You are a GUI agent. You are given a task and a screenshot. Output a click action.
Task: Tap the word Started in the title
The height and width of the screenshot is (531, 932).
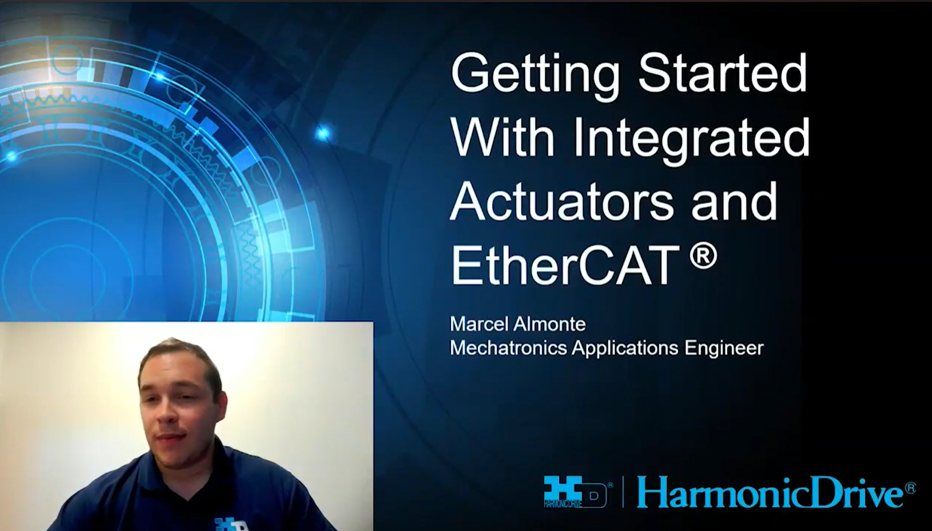coord(723,72)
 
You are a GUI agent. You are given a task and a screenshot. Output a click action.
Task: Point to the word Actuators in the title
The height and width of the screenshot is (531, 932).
coord(562,201)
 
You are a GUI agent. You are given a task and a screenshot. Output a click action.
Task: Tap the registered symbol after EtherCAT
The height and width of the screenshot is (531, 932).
coord(703,256)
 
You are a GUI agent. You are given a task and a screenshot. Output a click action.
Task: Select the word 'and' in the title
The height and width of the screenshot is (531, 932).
coord(735,201)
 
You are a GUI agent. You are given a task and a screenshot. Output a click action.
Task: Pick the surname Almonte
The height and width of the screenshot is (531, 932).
coord(549,324)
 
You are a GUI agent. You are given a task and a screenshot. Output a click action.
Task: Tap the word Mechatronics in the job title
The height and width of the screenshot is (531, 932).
coord(508,348)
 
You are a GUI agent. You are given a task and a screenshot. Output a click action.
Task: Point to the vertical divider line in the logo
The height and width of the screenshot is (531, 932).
coord(624,492)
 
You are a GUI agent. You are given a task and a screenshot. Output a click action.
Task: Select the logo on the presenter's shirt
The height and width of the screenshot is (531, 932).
coord(231,524)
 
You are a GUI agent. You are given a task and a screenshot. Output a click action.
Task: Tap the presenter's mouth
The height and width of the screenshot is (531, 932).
coord(171,439)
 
